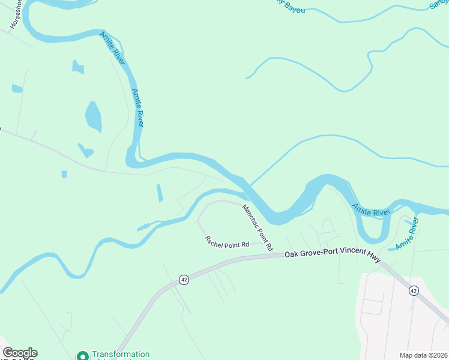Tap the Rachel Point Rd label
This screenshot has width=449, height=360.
coord(227,242)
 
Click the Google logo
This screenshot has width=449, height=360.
coord(20,353)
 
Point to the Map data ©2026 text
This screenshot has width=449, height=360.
coord(423,355)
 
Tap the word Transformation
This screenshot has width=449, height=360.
coord(120,355)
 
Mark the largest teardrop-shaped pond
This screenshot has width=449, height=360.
coord(93,116)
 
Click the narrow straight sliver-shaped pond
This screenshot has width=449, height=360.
coord(159,193)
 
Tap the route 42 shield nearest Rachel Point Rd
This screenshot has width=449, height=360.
coord(184,280)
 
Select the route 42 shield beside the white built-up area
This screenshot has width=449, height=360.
coord(413,290)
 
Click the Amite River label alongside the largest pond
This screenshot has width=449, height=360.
coord(137,108)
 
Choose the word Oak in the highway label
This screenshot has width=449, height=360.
coord(291,254)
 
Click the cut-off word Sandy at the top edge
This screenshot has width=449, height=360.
coord(439,4)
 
